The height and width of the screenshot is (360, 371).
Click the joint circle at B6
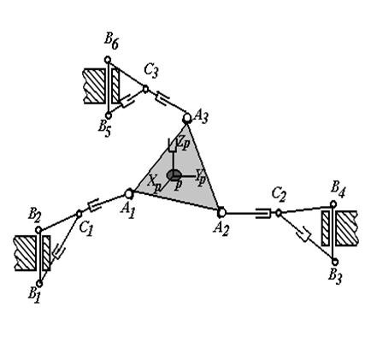(x=108, y=60)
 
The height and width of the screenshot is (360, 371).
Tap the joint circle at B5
(x=109, y=115)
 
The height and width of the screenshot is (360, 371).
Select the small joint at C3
(x=145, y=89)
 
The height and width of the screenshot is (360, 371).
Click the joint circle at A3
(x=187, y=117)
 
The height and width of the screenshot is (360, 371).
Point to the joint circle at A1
(x=129, y=194)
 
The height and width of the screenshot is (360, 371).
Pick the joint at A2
(x=221, y=212)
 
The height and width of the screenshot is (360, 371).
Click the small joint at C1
(x=79, y=214)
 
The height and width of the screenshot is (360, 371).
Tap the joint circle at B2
(x=38, y=230)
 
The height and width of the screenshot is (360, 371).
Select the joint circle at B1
(x=39, y=284)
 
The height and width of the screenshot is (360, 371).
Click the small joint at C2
(x=279, y=213)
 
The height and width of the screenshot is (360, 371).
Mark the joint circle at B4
(x=333, y=204)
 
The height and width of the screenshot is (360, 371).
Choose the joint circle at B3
(x=335, y=262)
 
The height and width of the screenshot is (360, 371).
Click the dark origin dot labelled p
(x=174, y=175)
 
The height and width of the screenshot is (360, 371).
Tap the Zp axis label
(x=183, y=141)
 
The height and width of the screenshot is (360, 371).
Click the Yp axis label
(x=200, y=177)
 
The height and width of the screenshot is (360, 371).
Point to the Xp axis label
(x=154, y=183)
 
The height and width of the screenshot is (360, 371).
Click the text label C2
(x=279, y=195)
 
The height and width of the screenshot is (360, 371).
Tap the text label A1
(x=127, y=210)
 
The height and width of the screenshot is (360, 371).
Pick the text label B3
(x=334, y=276)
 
